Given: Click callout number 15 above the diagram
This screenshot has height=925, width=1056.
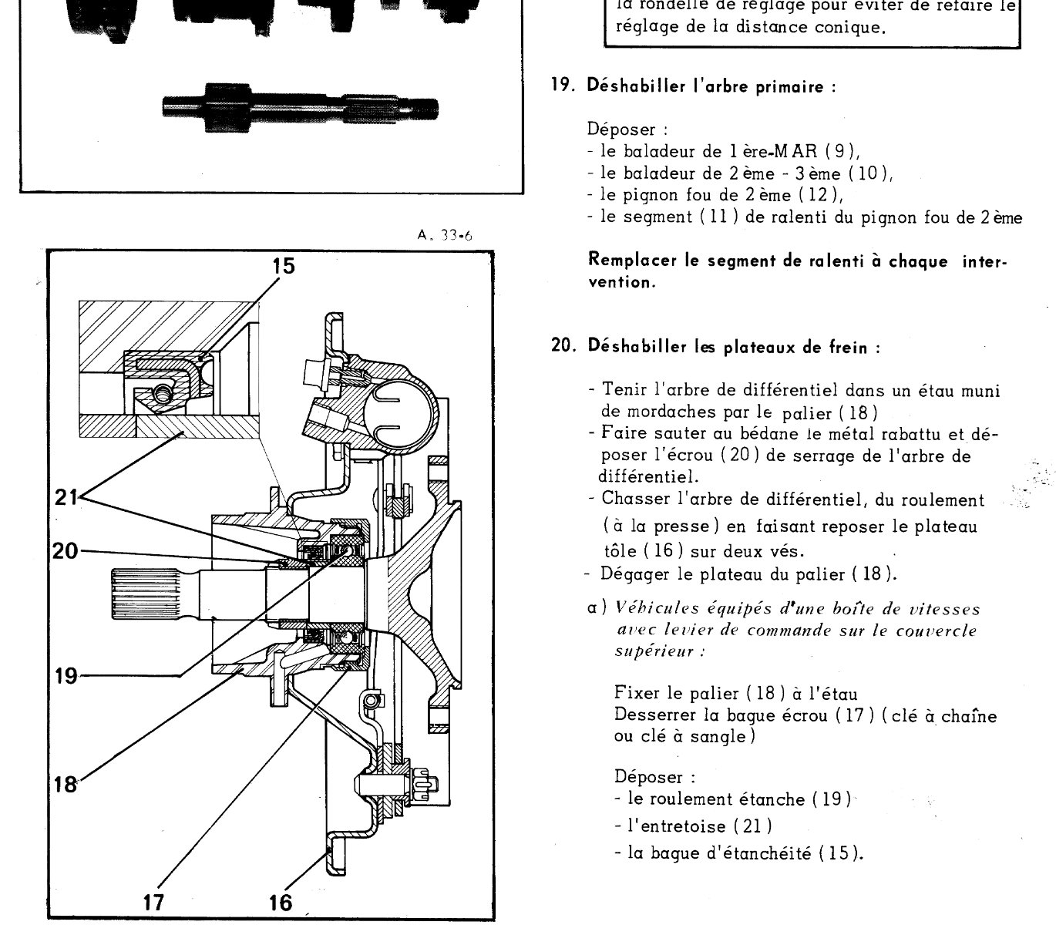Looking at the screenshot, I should (x=283, y=266).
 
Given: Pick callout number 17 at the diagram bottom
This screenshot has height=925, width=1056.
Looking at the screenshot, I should (x=154, y=901).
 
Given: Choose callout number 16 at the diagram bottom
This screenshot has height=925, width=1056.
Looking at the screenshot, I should (x=281, y=901).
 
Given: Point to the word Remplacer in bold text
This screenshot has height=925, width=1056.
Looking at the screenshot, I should (x=625, y=261).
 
